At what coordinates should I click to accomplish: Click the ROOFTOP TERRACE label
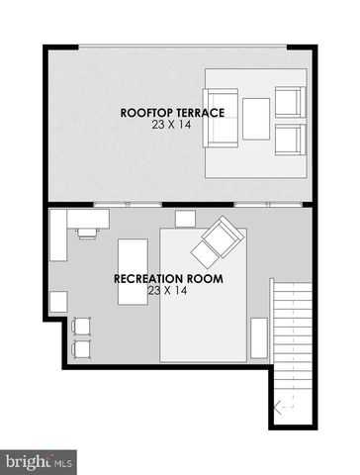click(172, 113)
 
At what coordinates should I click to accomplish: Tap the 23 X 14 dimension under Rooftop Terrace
click(171, 125)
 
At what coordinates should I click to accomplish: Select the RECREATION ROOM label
click(168, 279)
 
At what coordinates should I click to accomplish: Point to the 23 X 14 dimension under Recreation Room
click(167, 291)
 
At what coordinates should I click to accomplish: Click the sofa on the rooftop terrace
click(221, 118)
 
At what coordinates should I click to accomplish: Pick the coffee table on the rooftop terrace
click(256, 119)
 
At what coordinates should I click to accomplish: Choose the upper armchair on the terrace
click(290, 102)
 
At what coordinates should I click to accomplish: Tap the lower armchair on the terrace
click(290, 140)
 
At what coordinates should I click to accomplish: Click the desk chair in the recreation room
click(87, 233)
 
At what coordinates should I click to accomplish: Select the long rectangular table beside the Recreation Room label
click(133, 272)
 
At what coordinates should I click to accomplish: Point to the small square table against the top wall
click(185, 219)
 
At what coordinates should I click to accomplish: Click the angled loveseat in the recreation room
click(224, 237)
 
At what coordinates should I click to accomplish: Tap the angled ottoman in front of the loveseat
click(205, 255)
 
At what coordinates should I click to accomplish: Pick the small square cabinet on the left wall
click(58, 302)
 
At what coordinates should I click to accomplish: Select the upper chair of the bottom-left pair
click(81, 327)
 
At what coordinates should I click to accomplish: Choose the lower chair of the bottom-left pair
click(81, 349)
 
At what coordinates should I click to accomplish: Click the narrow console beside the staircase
click(259, 338)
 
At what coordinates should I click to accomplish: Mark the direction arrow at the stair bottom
click(284, 409)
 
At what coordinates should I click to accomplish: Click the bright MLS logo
click(39, 462)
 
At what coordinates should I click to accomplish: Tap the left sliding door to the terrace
click(128, 205)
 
